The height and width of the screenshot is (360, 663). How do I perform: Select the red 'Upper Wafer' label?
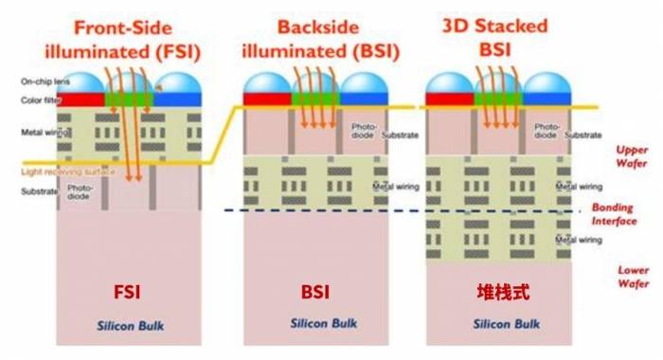pos(630,155)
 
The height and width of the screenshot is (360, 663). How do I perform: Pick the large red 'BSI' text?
pos(315,291)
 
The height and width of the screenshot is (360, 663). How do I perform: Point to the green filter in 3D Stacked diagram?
pos(497,99)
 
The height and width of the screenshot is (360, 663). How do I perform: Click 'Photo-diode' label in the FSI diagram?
pos(79,192)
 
